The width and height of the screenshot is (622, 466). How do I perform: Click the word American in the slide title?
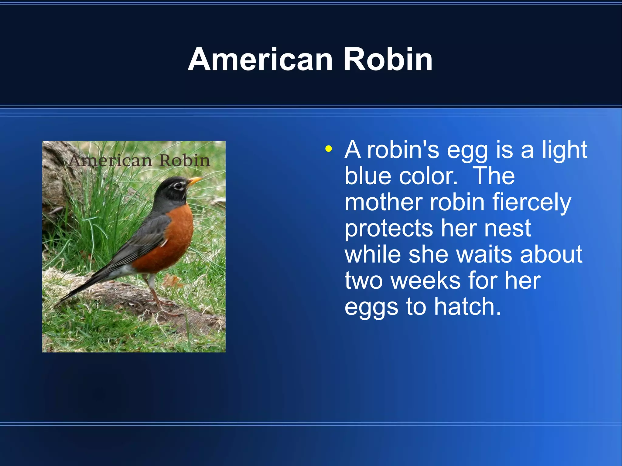pyautogui.click(x=260, y=60)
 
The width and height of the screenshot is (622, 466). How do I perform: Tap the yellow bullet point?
pyautogui.click(x=328, y=149)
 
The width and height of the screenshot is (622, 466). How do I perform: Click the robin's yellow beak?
pyautogui.click(x=195, y=181)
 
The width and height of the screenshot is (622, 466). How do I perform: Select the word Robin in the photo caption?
pyautogui.click(x=185, y=161)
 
